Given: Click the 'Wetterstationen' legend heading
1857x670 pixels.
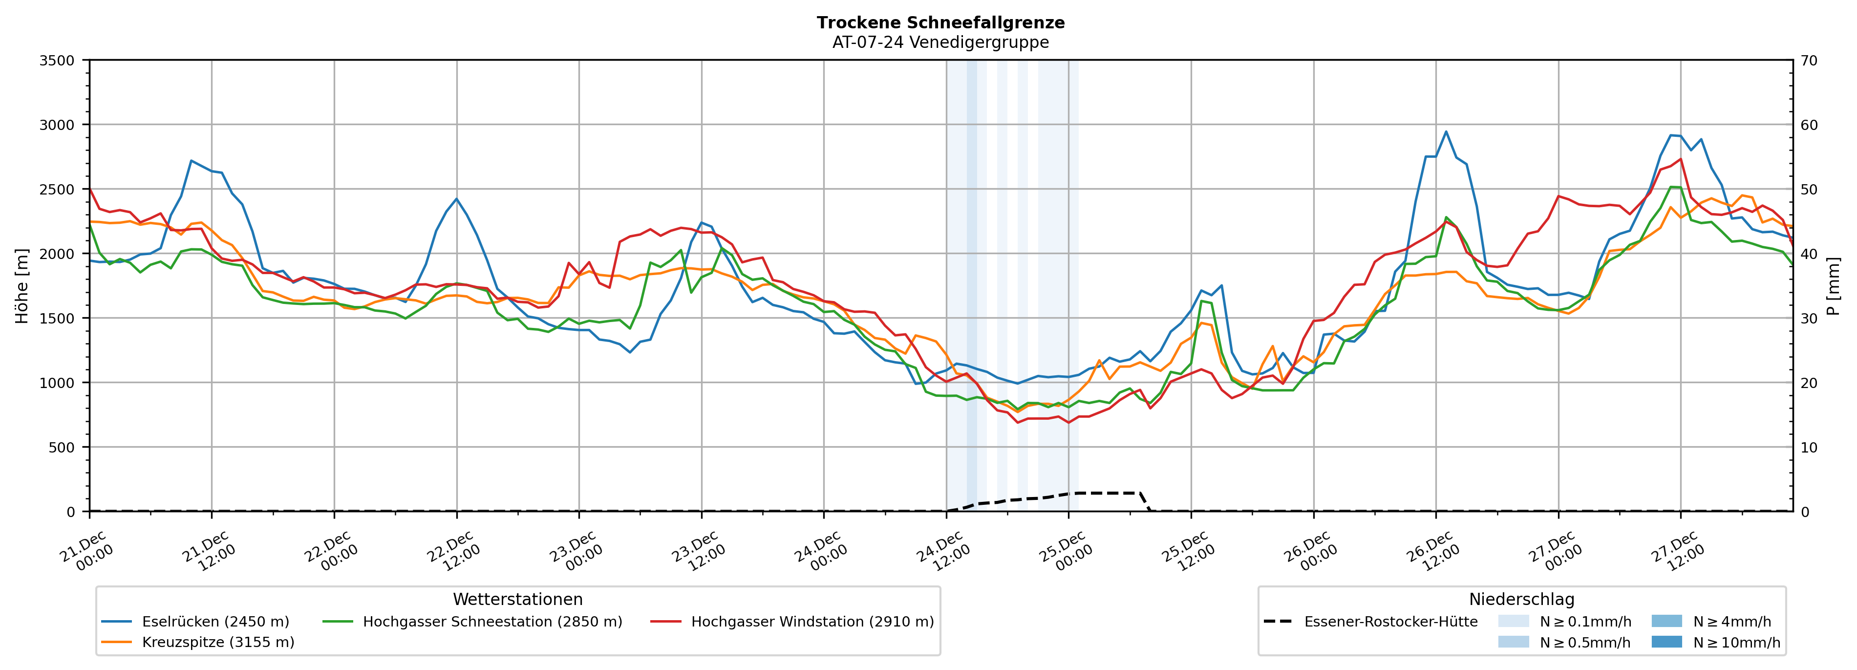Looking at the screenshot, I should [517, 599].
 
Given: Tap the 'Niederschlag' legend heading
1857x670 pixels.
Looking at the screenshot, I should [1521, 599].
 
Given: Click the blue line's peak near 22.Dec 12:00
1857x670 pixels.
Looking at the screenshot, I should [456, 199].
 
